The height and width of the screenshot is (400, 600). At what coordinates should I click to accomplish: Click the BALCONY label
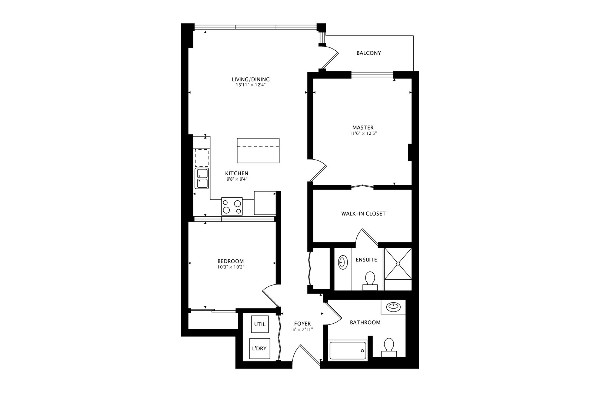pyautogui.click(x=369, y=53)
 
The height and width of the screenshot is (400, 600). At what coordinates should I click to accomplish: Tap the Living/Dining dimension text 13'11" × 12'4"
pyautogui.click(x=251, y=85)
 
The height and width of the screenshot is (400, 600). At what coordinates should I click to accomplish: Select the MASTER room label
pyautogui.click(x=363, y=128)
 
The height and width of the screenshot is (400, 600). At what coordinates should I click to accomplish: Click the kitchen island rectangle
pyautogui.click(x=258, y=150)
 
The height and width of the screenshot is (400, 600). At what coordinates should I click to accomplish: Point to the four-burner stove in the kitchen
pyautogui.click(x=232, y=206)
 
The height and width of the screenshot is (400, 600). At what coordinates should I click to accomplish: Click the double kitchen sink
pyautogui.click(x=202, y=179)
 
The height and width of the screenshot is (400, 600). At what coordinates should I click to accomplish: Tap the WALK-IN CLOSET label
pyautogui.click(x=363, y=214)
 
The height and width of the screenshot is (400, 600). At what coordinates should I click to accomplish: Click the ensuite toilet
pyautogui.click(x=370, y=281)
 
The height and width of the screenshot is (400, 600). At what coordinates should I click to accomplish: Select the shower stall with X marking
pyautogui.click(x=398, y=263)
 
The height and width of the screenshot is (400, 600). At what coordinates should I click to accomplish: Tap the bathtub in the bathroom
pyautogui.click(x=348, y=350)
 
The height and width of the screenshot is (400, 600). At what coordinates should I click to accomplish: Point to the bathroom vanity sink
pyautogui.click(x=393, y=307)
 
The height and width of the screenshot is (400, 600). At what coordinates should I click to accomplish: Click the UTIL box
pyautogui.click(x=260, y=324)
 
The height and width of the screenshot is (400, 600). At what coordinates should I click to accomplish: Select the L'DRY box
pyautogui.click(x=259, y=349)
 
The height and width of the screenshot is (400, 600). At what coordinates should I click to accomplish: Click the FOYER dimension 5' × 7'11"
pyautogui.click(x=303, y=329)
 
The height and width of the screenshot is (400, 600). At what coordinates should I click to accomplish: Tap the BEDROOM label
pyautogui.click(x=230, y=261)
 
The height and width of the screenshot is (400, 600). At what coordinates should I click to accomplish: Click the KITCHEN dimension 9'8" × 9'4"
pyautogui.click(x=237, y=179)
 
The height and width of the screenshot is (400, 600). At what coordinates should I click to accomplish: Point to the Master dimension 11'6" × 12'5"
pyautogui.click(x=363, y=133)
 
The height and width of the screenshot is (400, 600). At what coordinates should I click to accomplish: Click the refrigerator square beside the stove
pyautogui.click(x=265, y=203)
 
